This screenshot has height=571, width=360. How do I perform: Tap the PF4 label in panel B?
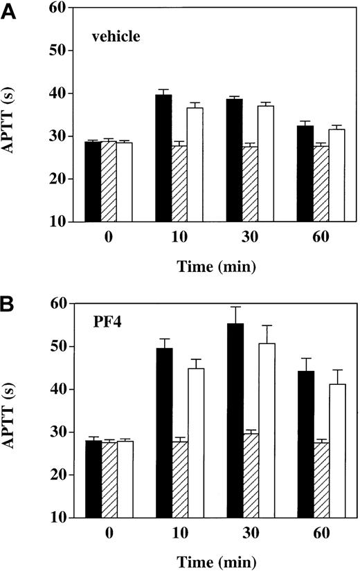tap(107, 323)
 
